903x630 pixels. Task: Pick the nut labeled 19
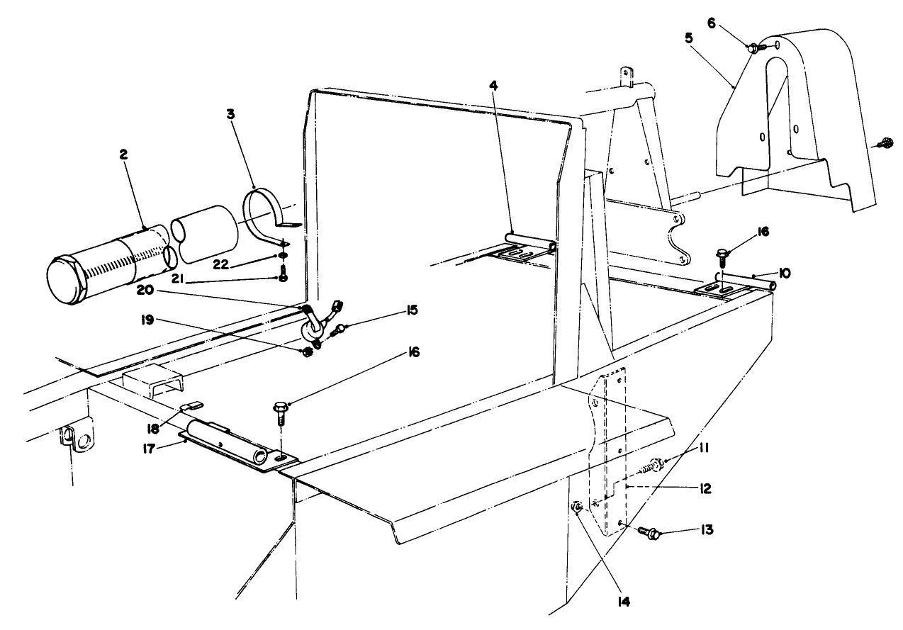point(308,351)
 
